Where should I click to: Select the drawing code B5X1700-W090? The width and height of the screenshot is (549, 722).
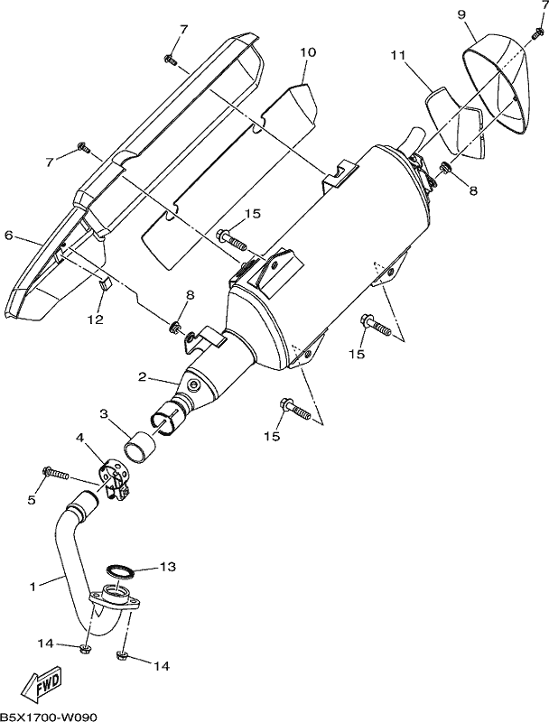(49, 717)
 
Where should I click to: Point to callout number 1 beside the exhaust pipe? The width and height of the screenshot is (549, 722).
(33, 587)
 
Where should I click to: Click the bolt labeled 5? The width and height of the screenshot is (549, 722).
(56, 473)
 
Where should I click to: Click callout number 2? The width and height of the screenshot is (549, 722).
(143, 377)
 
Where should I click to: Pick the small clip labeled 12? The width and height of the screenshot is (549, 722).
(106, 285)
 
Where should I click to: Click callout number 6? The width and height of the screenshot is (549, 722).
(8, 236)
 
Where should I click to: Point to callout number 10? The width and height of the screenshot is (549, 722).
(308, 52)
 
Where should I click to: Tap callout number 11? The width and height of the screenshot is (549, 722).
(398, 55)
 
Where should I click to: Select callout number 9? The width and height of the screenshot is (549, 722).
(461, 14)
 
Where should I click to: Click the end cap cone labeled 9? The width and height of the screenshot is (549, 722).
(495, 83)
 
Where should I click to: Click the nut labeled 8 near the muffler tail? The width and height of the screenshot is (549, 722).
(445, 168)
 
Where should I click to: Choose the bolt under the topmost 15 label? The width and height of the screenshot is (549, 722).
(233, 238)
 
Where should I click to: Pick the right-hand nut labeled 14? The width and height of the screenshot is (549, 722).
(122, 655)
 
